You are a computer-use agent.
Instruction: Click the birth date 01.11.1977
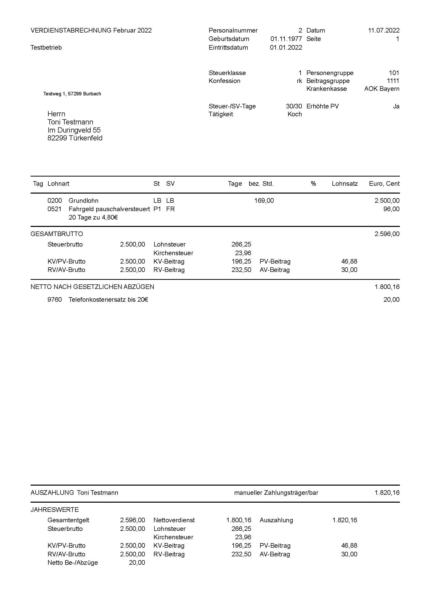286,39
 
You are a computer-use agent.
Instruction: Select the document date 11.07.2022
384,30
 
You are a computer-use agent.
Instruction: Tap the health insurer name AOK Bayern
382,89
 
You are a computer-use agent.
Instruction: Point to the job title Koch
295,114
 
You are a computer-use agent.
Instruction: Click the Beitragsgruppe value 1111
393,81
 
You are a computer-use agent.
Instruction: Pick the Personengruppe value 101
394,73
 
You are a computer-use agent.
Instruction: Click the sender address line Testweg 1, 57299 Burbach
72,94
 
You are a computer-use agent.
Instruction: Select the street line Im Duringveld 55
74,130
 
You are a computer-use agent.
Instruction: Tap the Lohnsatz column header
345,183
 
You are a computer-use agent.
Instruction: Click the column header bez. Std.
261,183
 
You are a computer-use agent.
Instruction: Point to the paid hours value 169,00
264,200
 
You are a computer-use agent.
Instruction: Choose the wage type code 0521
55,209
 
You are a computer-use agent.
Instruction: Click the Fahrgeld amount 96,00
391,209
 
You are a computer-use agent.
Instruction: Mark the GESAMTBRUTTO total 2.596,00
387,234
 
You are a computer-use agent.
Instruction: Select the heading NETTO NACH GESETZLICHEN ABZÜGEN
92,287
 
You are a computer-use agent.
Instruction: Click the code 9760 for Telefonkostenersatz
55,300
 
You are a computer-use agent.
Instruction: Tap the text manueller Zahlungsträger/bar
276,493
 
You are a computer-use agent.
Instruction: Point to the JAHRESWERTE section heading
55,510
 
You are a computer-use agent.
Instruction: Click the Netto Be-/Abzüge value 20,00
137,562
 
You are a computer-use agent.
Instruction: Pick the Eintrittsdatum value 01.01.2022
286,47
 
